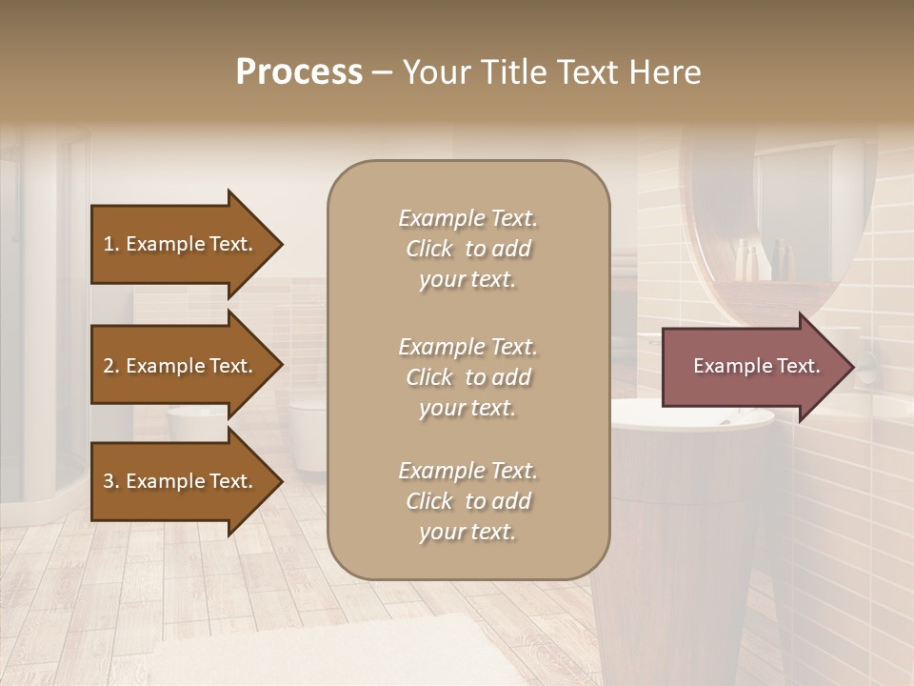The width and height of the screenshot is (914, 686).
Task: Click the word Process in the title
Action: (299, 72)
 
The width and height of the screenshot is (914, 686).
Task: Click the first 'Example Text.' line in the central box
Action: (467, 218)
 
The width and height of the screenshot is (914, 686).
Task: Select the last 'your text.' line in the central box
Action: (467, 532)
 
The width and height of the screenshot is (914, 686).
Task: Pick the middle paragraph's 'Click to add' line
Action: (467, 377)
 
